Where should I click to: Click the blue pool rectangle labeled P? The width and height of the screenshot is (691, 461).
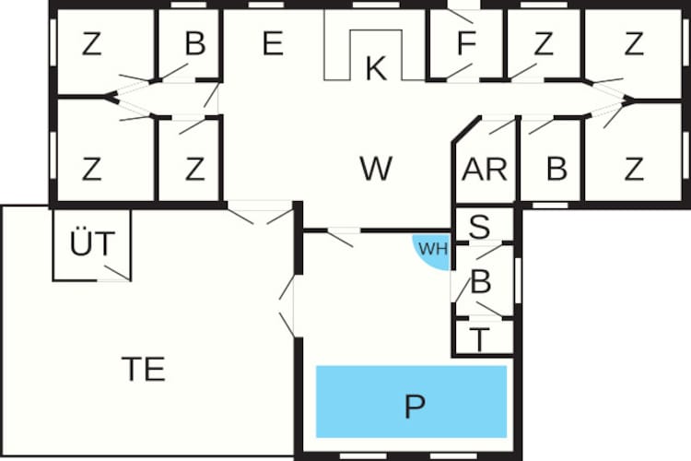tap(411, 401)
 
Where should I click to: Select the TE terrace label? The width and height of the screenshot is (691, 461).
tap(144, 369)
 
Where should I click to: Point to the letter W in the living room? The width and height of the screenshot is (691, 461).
tap(376, 168)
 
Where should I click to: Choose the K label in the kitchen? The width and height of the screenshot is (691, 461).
tap(376, 68)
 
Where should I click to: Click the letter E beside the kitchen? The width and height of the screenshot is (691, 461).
tap(273, 43)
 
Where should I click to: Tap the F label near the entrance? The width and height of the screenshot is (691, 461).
tap(467, 43)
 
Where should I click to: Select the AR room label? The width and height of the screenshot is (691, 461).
tap(485, 170)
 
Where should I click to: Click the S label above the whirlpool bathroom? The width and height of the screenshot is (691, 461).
tap(479, 227)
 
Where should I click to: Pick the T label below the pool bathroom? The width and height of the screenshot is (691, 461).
tap(479, 338)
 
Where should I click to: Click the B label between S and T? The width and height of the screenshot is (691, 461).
tap(481, 281)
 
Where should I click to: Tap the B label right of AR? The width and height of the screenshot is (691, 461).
tap(556, 169)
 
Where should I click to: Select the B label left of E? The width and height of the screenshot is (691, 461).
tap(195, 43)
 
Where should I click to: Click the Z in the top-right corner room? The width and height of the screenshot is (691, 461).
tap(634, 43)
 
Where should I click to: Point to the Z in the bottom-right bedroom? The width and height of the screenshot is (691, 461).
tap(634, 169)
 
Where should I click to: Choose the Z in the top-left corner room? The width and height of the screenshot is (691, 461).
tap(91, 43)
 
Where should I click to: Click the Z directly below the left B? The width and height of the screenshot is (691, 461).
tap(194, 169)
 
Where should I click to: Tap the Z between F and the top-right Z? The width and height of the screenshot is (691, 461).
tap(543, 43)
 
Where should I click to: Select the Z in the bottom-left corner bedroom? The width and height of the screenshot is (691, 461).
tap(91, 169)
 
